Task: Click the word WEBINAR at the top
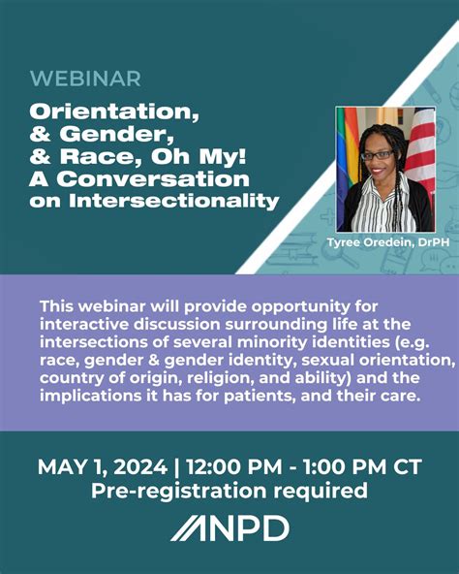[84, 79]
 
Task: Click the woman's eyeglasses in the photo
[377, 154]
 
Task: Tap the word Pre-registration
[180, 492]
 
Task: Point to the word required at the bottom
[320, 492]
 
